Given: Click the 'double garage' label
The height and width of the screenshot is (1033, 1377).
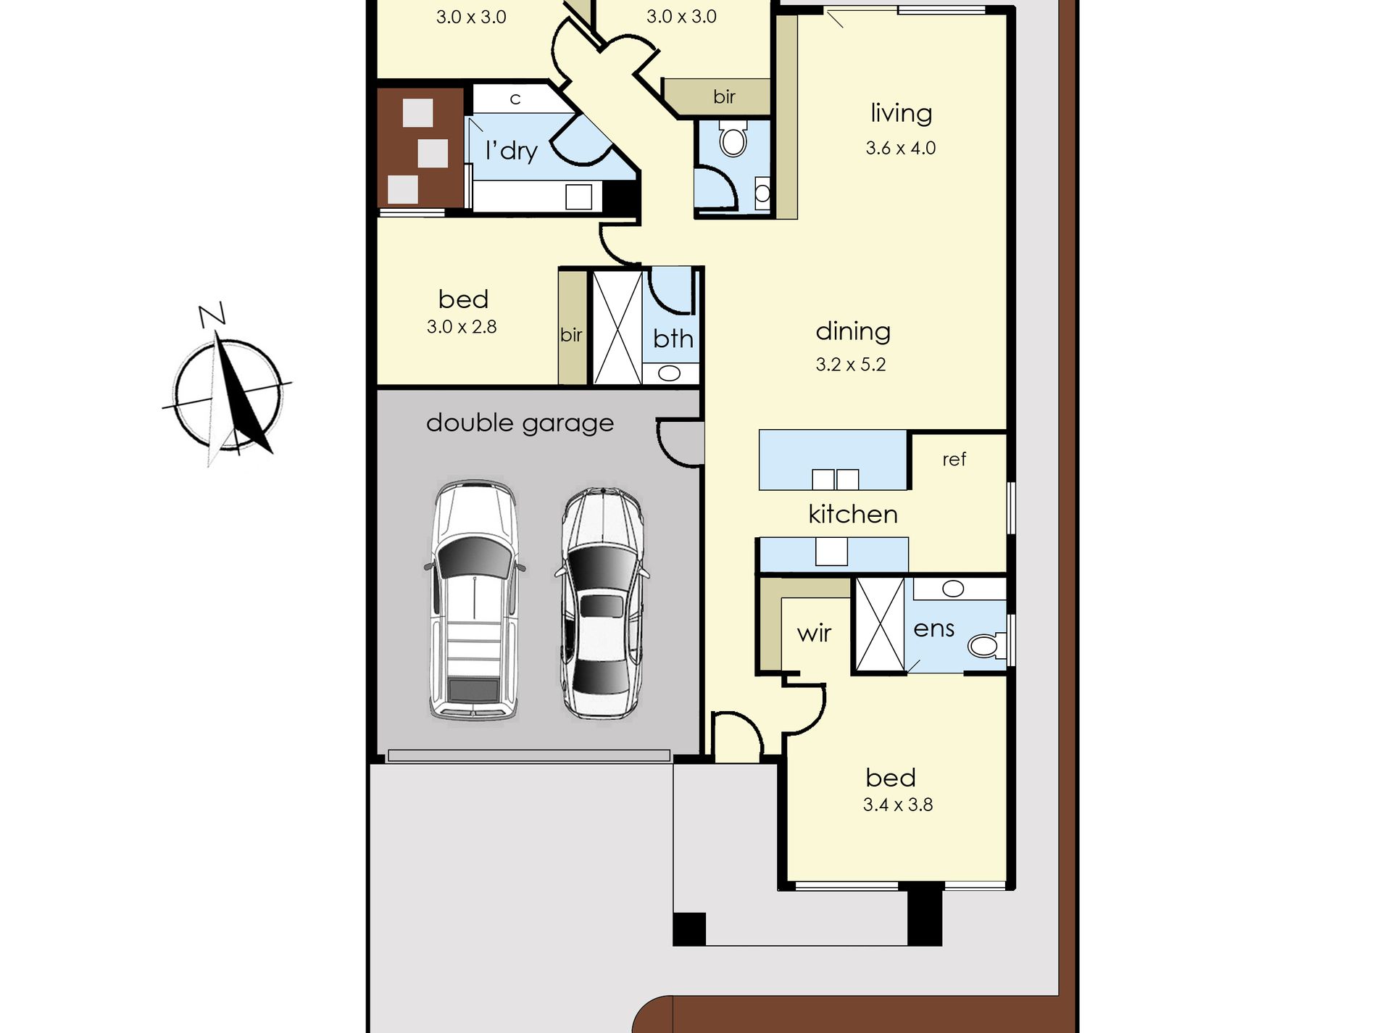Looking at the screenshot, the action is [x=520, y=423].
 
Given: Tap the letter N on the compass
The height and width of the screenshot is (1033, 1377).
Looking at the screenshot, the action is [x=212, y=315].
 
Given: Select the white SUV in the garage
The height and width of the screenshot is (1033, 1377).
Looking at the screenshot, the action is [x=475, y=600].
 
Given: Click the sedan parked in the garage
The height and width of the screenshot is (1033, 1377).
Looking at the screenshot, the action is [x=602, y=603].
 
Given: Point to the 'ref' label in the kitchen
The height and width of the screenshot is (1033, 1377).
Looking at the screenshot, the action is [x=954, y=460].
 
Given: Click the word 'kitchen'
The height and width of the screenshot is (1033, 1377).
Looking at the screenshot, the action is [x=853, y=514].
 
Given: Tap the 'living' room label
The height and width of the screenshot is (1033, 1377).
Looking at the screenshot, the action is [x=901, y=114].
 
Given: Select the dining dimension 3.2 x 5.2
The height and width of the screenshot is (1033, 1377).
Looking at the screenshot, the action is [x=851, y=365].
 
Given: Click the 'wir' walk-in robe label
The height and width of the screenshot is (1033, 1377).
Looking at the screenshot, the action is [x=814, y=634].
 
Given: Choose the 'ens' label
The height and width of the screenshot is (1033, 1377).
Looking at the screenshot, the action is [x=933, y=628].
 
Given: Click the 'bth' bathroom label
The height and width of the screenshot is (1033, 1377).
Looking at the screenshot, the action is [x=673, y=339].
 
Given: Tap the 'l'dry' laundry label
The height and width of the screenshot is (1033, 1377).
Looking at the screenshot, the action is [x=512, y=151].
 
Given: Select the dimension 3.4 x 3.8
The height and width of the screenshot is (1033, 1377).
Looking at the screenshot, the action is [x=898, y=805].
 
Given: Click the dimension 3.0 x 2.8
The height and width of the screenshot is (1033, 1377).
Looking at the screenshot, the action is [x=462, y=327].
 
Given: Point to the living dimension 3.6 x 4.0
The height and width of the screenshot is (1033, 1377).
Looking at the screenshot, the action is [x=901, y=148].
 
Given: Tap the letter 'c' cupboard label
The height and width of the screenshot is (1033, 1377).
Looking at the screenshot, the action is [x=515, y=99].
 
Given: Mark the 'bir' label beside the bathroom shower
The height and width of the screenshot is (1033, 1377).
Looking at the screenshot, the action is [x=571, y=334].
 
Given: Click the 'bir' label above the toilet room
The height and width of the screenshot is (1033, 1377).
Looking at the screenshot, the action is [x=724, y=96].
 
